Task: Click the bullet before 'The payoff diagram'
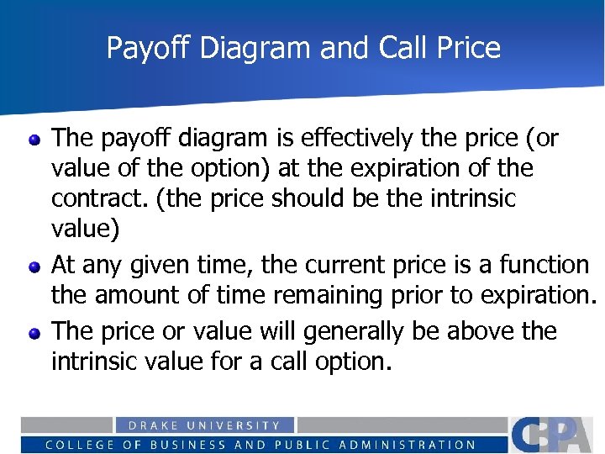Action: (34, 140)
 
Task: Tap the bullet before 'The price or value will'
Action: (34, 333)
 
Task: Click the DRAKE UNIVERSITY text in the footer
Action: (204, 425)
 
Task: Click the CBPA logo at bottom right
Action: (555, 435)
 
